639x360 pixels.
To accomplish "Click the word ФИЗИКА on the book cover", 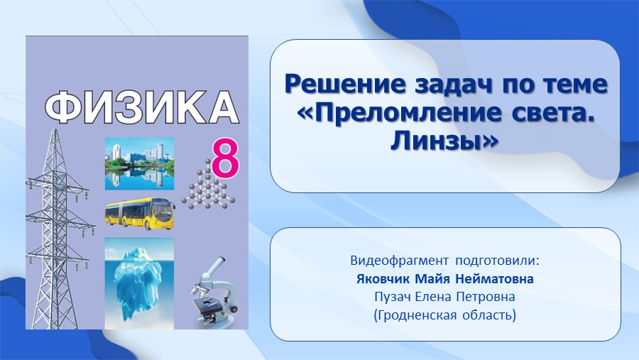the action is (x=141, y=107).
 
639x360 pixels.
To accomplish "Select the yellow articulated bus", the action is (x=140, y=214).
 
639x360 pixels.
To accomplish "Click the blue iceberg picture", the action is (x=139, y=283).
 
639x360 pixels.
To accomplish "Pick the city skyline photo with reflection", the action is (x=139, y=164).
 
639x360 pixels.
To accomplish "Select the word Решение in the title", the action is (x=346, y=84).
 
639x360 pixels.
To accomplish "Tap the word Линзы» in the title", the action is (x=444, y=141).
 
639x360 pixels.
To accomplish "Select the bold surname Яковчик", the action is (x=383, y=279).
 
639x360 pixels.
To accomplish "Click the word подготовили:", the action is (x=497, y=261).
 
